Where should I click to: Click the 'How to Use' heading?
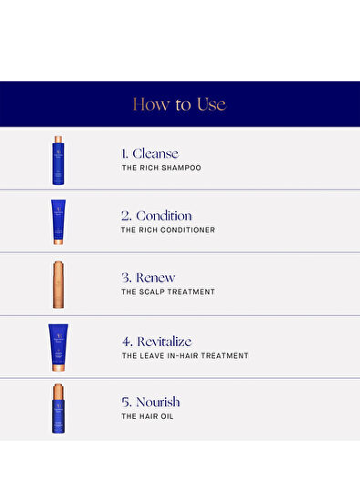[x=180, y=105]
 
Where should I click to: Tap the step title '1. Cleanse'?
[x=150, y=154]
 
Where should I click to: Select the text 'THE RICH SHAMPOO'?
[x=161, y=168]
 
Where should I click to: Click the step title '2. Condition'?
[x=157, y=216]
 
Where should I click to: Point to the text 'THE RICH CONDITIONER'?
[x=169, y=230]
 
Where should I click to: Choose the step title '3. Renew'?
[x=149, y=278]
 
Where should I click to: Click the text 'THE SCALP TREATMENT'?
[x=169, y=291]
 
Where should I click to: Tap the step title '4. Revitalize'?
[x=157, y=342]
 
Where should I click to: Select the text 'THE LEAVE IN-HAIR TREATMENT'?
[x=185, y=355]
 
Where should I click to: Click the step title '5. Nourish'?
[x=150, y=402]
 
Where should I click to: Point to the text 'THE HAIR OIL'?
[x=148, y=416]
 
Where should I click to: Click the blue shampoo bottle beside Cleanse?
[x=58, y=160]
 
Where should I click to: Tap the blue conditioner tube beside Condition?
[x=58, y=222]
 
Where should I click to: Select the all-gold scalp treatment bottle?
[x=58, y=284]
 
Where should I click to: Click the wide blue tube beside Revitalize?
[x=58, y=348]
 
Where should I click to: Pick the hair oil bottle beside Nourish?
[x=58, y=409]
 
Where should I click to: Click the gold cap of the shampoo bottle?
[x=58, y=139]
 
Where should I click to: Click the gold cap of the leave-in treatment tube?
[x=58, y=367]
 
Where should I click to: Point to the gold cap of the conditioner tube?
[x=58, y=242]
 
